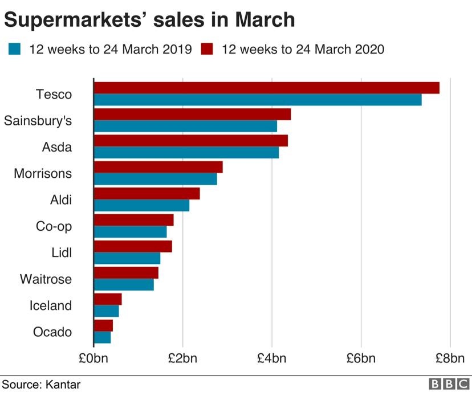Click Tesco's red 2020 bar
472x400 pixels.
(x=266, y=88)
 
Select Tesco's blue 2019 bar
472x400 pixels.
(x=258, y=100)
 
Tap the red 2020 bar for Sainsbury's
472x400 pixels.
(x=192, y=115)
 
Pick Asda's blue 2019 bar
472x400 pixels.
(x=186, y=153)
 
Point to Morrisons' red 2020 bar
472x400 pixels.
(x=158, y=167)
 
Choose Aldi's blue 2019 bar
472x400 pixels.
(x=141, y=206)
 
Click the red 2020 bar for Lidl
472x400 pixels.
(x=133, y=246)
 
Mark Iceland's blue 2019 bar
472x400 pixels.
(x=107, y=311)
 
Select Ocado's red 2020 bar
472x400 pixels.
(x=103, y=325)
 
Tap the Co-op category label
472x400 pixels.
(x=54, y=226)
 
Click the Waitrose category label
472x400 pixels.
(x=46, y=279)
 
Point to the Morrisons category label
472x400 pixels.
(x=43, y=173)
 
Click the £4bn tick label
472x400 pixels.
(x=272, y=358)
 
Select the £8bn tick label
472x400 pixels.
(x=450, y=358)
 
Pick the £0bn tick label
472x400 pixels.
(x=93, y=358)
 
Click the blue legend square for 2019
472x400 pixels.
(x=15, y=49)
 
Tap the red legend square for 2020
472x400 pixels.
(x=207, y=49)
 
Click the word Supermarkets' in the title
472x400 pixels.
(x=82, y=21)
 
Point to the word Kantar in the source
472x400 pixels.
(x=62, y=385)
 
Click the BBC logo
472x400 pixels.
(x=449, y=385)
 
